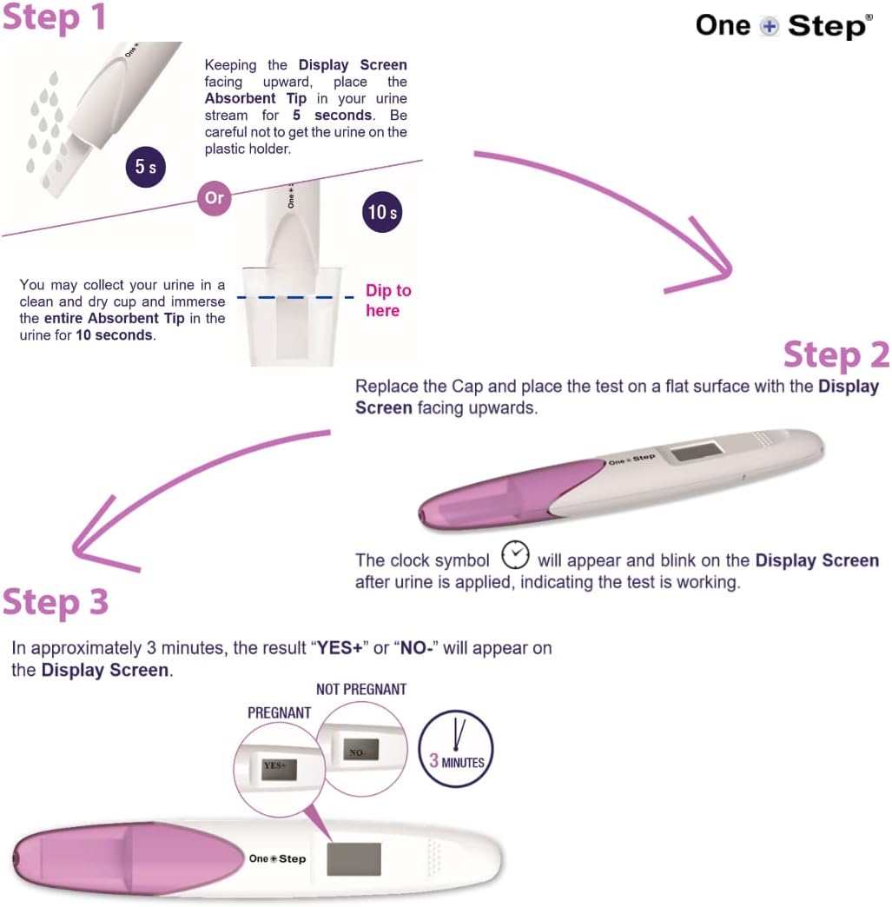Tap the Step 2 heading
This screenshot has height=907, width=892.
pos(836,355)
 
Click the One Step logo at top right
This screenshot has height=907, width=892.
pos(783,25)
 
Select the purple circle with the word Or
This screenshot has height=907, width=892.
pos(214,198)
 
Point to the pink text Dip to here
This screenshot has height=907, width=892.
pos(387,301)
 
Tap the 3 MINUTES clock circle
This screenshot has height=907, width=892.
pos(456,749)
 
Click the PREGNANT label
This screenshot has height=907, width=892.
pos(279,712)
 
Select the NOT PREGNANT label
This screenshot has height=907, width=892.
pos(360,690)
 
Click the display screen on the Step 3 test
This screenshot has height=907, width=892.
pos(353,858)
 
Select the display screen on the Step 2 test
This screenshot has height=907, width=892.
pos(697,453)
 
